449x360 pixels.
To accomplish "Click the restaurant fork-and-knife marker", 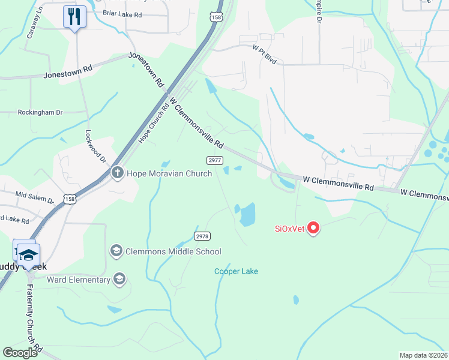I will pos(74,16).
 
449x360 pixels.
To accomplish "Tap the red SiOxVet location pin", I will pos(313,227).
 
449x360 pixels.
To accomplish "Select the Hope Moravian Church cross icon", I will pos(117,173).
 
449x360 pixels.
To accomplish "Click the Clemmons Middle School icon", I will pos(116,251).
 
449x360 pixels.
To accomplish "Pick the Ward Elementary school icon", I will pos(119,279).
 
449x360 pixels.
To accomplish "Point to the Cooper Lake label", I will pos(237,271).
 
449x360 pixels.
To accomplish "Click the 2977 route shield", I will pos(215,160).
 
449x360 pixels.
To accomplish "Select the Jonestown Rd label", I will pos(68,73).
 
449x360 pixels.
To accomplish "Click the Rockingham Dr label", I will pos(40,112).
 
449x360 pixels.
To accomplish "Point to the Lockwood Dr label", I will pos(95,147).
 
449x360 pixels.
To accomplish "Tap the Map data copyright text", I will pos(423,355).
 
